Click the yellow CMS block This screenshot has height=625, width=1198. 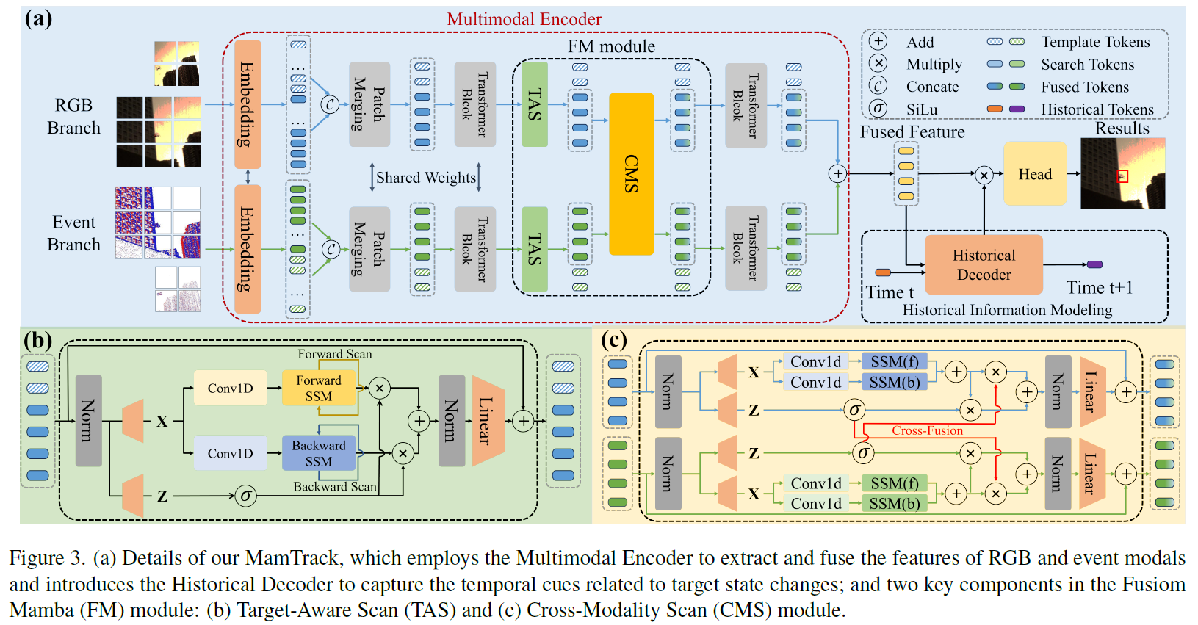(x=631, y=173)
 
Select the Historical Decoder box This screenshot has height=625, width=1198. (x=984, y=264)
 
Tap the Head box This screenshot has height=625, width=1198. (x=1034, y=174)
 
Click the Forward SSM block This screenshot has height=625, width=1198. (x=318, y=388)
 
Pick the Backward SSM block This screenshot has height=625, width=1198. (x=318, y=453)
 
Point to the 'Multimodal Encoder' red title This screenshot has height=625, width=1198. (x=524, y=19)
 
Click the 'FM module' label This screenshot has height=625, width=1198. (x=611, y=46)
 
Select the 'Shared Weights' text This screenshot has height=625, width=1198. (x=426, y=178)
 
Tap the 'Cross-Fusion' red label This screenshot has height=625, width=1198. (x=927, y=430)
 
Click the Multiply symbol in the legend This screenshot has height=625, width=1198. (x=878, y=64)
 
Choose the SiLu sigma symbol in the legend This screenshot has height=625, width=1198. (x=878, y=109)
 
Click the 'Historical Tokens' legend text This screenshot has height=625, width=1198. (x=1097, y=109)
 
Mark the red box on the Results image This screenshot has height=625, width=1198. (x=1122, y=176)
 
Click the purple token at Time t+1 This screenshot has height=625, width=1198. (x=1094, y=264)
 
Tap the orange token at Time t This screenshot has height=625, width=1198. (x=883, y=273)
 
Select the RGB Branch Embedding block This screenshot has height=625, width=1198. (x=248, y=104)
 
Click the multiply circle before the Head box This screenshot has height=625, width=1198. (x=984, y=175)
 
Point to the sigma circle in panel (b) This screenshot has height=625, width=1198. (x=246, y=496)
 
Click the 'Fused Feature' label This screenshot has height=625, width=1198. (x=912, y=132)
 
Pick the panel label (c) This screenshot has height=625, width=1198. (x=613, y=340)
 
